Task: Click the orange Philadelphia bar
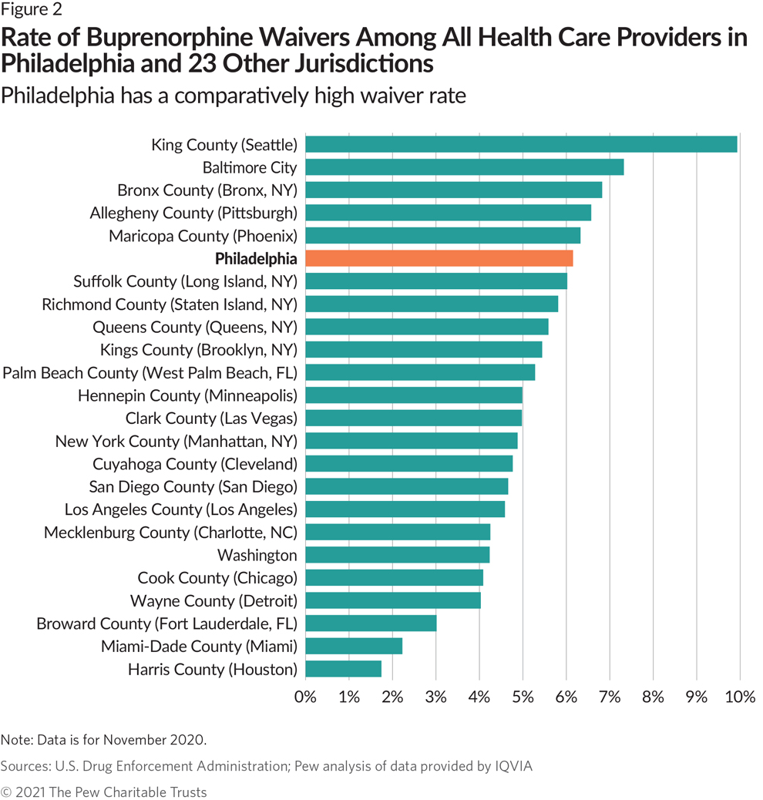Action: coord(439,258)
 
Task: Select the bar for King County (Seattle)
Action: coord(521,144)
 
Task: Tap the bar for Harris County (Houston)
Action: coord(344,669)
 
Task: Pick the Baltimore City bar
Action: coord(465,167)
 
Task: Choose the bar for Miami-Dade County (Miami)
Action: coord(354,646)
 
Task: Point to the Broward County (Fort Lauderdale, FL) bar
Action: coord(371,623)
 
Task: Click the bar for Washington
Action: coord(398,555)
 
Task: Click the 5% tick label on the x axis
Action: coord(523,698)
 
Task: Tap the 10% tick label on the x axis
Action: coord(740,698)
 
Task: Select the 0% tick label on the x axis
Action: coord(306,698)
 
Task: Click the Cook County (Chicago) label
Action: coord(217,578)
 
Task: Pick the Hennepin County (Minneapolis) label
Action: coord(187,395)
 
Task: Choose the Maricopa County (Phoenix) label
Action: coord(203,236)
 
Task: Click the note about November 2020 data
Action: coord(104,740)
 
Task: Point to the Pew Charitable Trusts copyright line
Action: coord(104,792)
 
